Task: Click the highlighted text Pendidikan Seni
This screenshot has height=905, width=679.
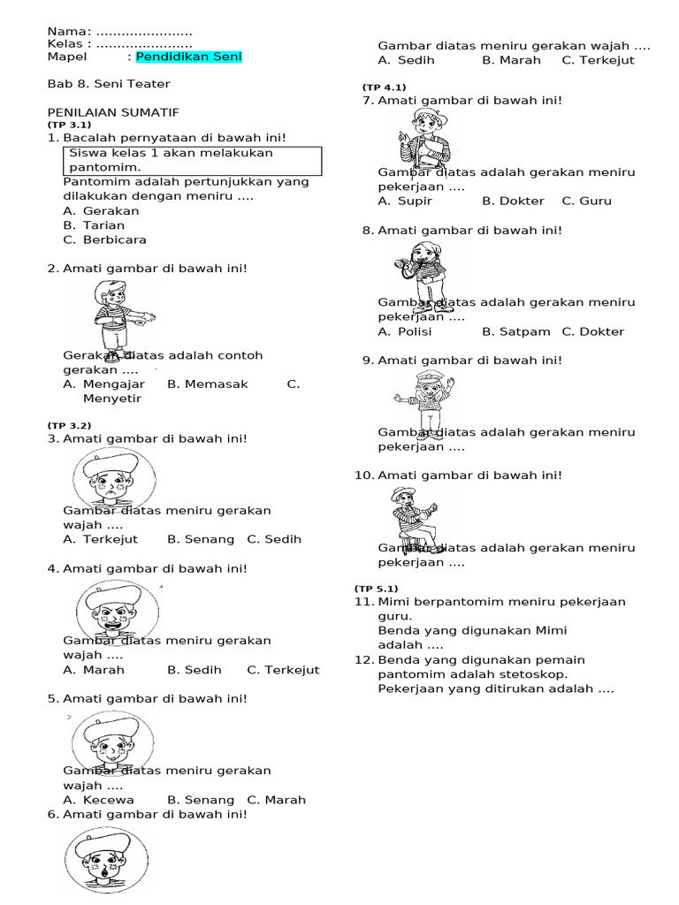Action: [188, 57]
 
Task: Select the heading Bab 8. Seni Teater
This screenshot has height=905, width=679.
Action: [108, 84]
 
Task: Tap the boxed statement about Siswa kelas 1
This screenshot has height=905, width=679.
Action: [193, 160]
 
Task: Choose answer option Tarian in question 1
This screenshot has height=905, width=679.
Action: [103, 225]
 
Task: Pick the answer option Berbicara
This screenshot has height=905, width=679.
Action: [114, 240]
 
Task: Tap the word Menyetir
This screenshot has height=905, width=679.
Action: [112, 399]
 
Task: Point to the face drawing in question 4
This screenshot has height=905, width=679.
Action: [118, 611]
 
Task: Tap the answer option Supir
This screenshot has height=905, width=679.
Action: [415, 201]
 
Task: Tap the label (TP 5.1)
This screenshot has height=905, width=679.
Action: [377, 589]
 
